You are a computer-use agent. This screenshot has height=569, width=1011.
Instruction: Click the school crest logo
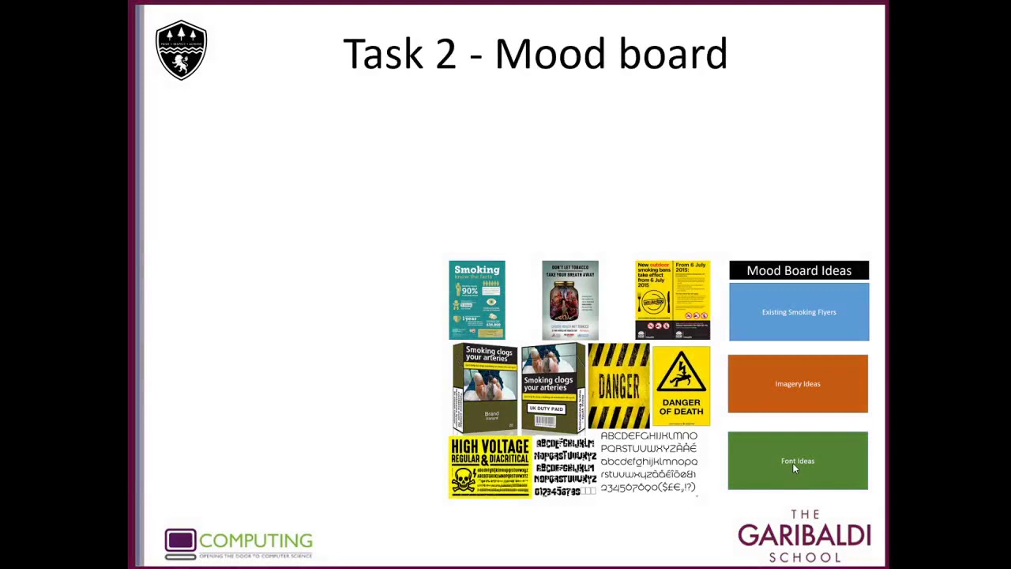click(x=181, y=50)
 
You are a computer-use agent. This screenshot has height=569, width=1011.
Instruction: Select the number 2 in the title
click(x=445, y=54)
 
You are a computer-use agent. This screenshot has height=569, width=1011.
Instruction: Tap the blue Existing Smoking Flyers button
click(x=799, y=312)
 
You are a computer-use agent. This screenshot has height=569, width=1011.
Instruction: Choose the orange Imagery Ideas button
click(x=798, y=384)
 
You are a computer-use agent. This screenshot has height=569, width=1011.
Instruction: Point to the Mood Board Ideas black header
click(x=799, y=270)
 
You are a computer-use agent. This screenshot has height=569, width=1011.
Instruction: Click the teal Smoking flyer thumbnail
click(x=477, y=300)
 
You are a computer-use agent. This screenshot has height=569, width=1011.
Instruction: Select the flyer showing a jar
click(x=569, y=300)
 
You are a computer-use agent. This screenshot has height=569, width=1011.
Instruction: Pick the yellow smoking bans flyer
click(x=672, y=300)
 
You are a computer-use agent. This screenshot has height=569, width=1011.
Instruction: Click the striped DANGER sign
click(x=618, y=386)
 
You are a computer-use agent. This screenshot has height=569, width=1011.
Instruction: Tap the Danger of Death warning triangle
click(x=681, y=372)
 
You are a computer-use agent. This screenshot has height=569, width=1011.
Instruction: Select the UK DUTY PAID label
click(x=546, y=409)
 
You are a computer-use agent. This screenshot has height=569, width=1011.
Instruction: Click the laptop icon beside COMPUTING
click(x=180, y=543)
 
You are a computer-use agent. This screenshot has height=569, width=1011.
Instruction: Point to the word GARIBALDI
click(x=804, y=536)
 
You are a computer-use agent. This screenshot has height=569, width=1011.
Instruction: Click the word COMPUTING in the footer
click(x=256, y=541)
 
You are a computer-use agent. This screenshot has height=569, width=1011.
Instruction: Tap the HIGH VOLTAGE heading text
click(x=490, y=447)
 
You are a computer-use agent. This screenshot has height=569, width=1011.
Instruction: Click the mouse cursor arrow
click(x=795, y=468)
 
